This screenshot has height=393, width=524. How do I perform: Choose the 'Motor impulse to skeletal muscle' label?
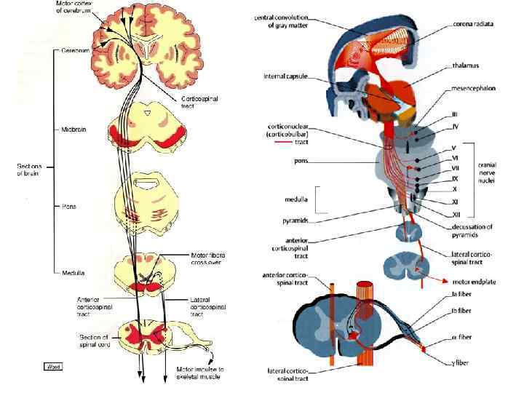click(x=201, y=373)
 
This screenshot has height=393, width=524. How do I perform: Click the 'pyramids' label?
click(x=298, y=219)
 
